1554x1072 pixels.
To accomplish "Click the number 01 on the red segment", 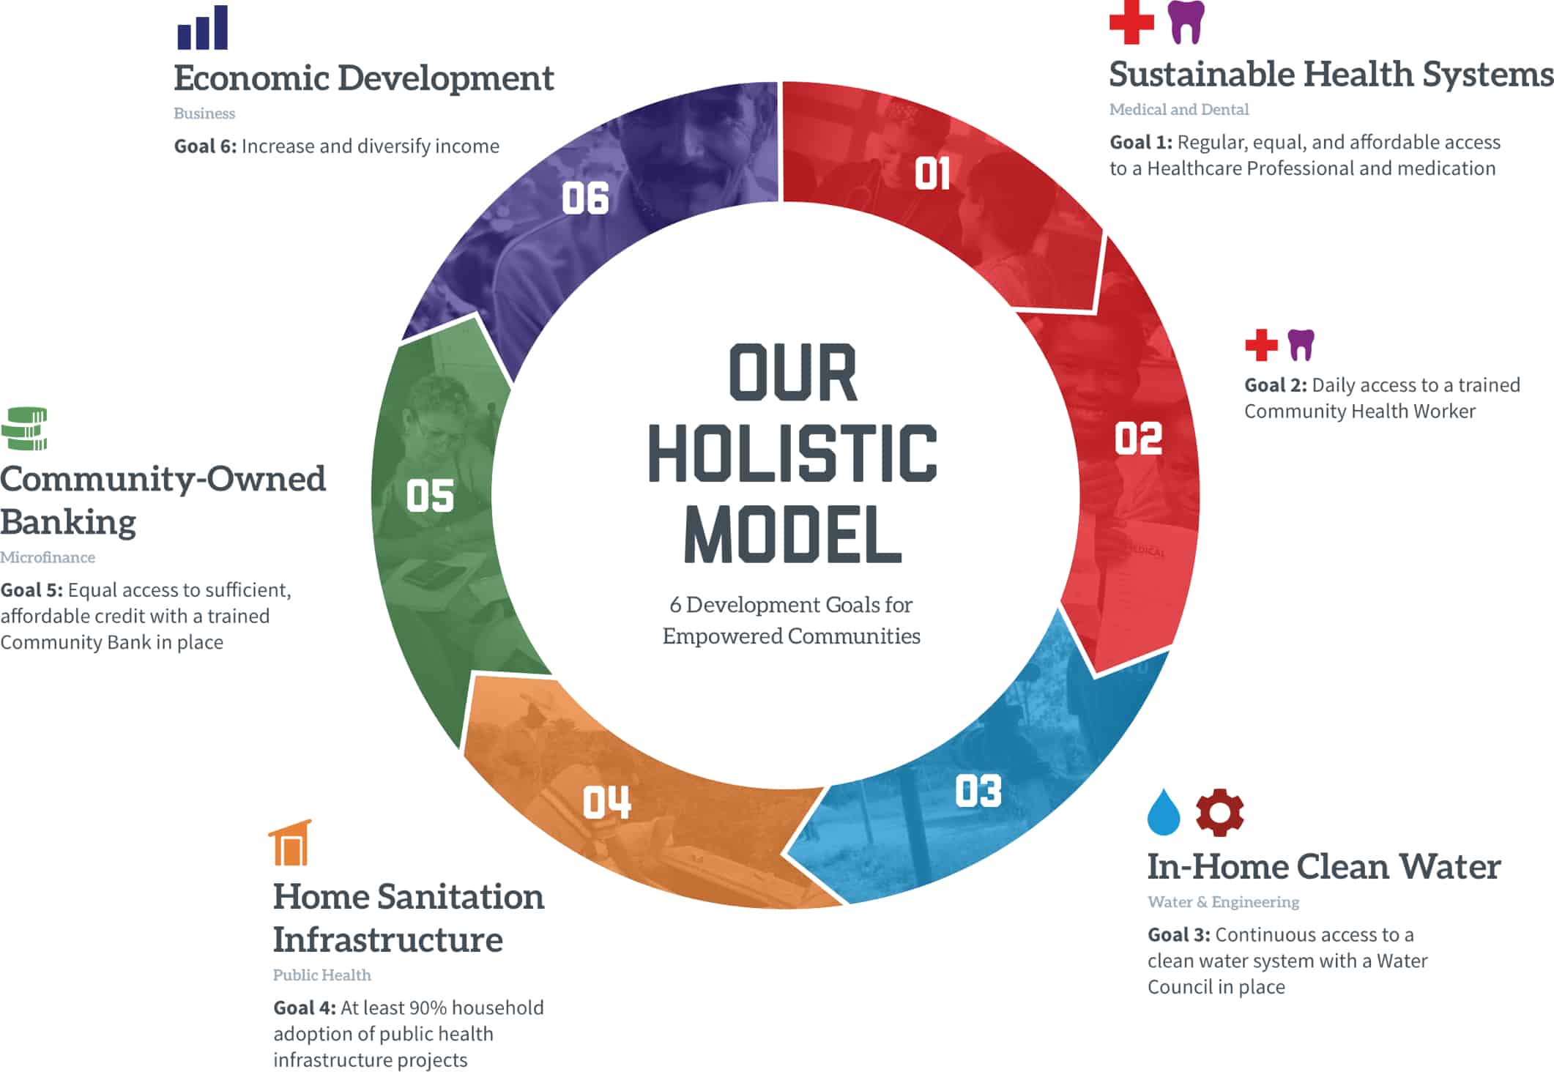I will click(x=932, y=174).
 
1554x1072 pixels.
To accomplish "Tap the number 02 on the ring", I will click(x=1138, y=439).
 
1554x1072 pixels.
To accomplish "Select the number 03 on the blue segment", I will click(x=978, y=792).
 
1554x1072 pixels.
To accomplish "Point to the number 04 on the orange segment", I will click(x=606, y=803).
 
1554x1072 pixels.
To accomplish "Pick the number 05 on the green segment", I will click(x=430, y=496).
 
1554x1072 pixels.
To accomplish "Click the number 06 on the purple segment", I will click(x=585, y=198).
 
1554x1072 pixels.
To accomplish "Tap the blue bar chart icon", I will click(x=203, y=28).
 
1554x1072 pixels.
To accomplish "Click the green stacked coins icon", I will click(x=24, y=428).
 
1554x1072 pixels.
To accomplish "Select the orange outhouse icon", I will click(x=291, y=843).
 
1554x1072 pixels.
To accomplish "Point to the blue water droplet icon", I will click(x=1164, y=812).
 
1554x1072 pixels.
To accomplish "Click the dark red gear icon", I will click(x=1219, y=812).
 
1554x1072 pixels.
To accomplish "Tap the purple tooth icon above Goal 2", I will click(x=1301, y=345).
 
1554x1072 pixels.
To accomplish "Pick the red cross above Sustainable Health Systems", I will click(x=1131, y=22).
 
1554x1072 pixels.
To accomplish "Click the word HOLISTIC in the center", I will click(x=792, y=453).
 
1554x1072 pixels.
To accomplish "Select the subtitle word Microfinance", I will click(x=48, y=557).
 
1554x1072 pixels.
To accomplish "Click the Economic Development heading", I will click(x=363, y=78).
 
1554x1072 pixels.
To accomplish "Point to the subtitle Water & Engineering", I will click(x=1223, y=901).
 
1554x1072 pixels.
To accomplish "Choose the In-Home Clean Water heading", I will click(x=1323, y=866).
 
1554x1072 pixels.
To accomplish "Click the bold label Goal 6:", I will click(x=205, y=146).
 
